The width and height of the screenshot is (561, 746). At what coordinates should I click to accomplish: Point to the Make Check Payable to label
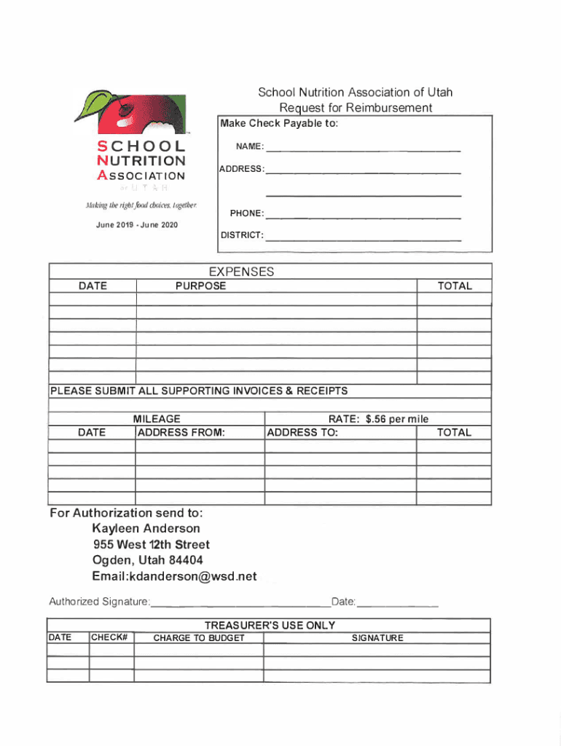coord(279,123)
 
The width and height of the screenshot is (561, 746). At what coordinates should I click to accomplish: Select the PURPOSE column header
coord(200,286)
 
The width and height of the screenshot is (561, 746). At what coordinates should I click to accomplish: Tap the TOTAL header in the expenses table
coord(455,286)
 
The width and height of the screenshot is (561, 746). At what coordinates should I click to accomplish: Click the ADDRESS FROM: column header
coord(181,432)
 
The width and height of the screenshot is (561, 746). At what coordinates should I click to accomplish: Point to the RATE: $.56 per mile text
coord(378,419)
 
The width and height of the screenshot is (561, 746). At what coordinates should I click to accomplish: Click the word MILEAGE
coord(157,419)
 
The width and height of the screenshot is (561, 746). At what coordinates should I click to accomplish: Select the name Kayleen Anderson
coord(146,528)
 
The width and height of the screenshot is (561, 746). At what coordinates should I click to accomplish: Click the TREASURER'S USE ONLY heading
coord(270,625)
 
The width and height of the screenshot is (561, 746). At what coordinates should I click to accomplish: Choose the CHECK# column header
coord(110,638)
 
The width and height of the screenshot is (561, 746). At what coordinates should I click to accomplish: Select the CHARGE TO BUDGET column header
coord(198,638)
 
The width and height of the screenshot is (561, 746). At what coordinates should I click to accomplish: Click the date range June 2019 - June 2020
coord(137,224)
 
